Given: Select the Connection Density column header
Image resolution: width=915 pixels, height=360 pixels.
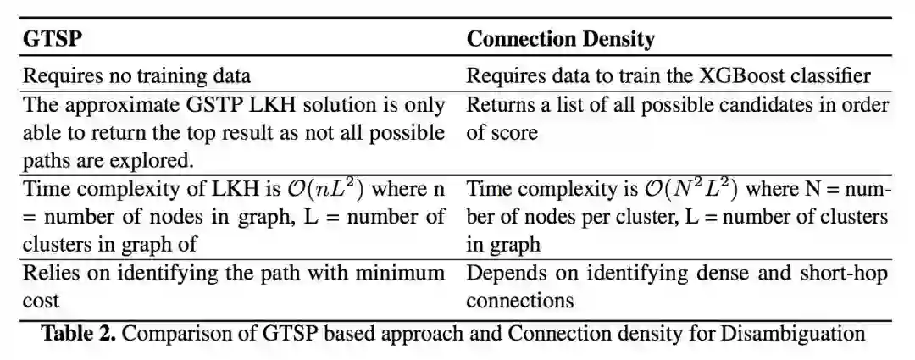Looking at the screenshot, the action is click(x=561, y=40).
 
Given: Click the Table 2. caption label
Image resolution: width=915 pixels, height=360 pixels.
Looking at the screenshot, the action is click(x=79, y=333).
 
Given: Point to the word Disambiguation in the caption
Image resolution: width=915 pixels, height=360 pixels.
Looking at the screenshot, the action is click(x=793, y=333).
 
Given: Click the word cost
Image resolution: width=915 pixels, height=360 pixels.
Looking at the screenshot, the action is click(x=41, y=301).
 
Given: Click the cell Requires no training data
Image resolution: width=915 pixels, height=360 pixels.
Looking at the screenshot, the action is click(x=136, y=76).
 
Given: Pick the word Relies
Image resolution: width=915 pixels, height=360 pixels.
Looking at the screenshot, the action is click(x=48, y=274).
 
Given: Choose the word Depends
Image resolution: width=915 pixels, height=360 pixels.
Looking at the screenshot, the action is click(x=502, y=274).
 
